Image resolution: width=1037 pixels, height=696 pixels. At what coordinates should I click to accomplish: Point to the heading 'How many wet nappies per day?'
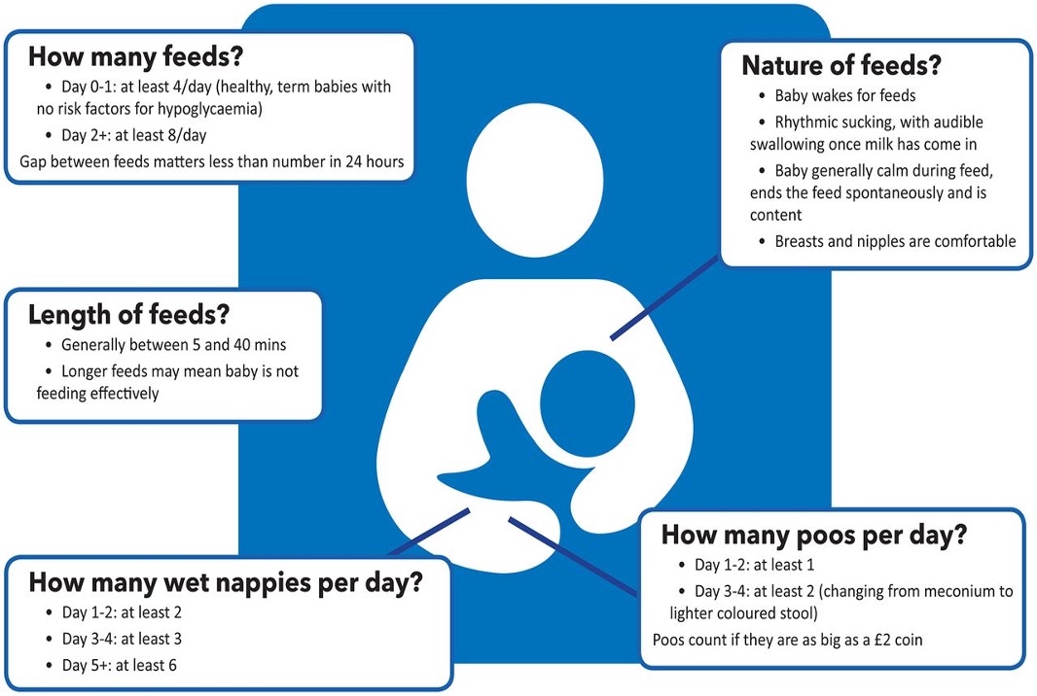226,582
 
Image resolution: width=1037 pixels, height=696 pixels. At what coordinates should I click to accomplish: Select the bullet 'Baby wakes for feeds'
844,97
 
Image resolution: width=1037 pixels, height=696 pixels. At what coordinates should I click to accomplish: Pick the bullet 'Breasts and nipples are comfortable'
895,241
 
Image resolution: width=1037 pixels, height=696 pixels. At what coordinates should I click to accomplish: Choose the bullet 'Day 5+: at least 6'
119,665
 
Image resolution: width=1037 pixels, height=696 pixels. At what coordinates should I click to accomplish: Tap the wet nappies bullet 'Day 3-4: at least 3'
122,639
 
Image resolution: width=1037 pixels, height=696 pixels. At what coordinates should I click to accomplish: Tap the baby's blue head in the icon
587,399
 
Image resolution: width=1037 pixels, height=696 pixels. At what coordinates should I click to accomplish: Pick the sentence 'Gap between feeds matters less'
211,160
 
